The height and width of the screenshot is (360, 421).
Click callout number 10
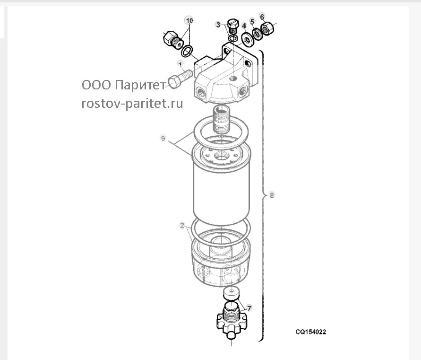click(189, 21)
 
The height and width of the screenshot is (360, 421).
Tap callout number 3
click(218, 25)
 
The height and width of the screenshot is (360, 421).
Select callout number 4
click(244, 26)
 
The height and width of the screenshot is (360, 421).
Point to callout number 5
click(252, 21)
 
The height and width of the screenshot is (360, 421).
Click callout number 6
click(262, 17)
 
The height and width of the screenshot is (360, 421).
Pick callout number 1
click(180, 64)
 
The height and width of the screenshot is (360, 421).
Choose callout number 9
click(163, 138)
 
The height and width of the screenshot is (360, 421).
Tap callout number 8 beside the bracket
click(272, 195)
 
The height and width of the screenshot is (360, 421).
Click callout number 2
click(182, 225)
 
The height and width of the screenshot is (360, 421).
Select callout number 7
click(249, 308)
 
